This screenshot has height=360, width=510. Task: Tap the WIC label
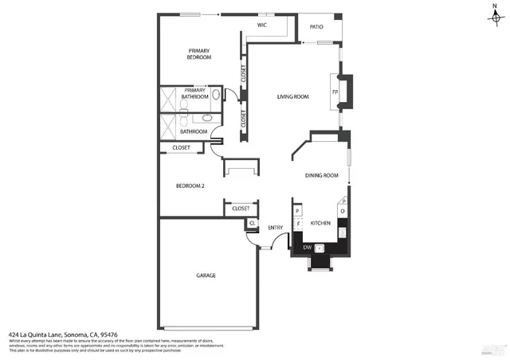[261, 25]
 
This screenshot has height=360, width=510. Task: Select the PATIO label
[316, 27]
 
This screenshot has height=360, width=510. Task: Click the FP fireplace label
[335, 92]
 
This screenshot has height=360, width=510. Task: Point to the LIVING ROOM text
[292, 97]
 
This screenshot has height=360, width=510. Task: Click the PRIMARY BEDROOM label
[199, 54]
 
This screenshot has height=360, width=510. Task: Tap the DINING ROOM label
[322, 175]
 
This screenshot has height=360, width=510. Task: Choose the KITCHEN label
[320, 223]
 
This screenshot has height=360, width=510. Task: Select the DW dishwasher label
[307, 248]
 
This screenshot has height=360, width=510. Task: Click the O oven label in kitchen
[343, 212]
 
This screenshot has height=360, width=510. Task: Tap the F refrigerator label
[298, 224]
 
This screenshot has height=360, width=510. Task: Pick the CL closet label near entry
[252, 223]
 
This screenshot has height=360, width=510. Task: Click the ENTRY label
[276, 229]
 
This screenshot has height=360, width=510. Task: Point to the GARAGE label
[206, 276]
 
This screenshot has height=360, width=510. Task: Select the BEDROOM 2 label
[190, 186]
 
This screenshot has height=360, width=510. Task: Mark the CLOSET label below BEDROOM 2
[241, 209]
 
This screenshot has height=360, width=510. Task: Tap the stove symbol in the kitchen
[343, 233]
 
